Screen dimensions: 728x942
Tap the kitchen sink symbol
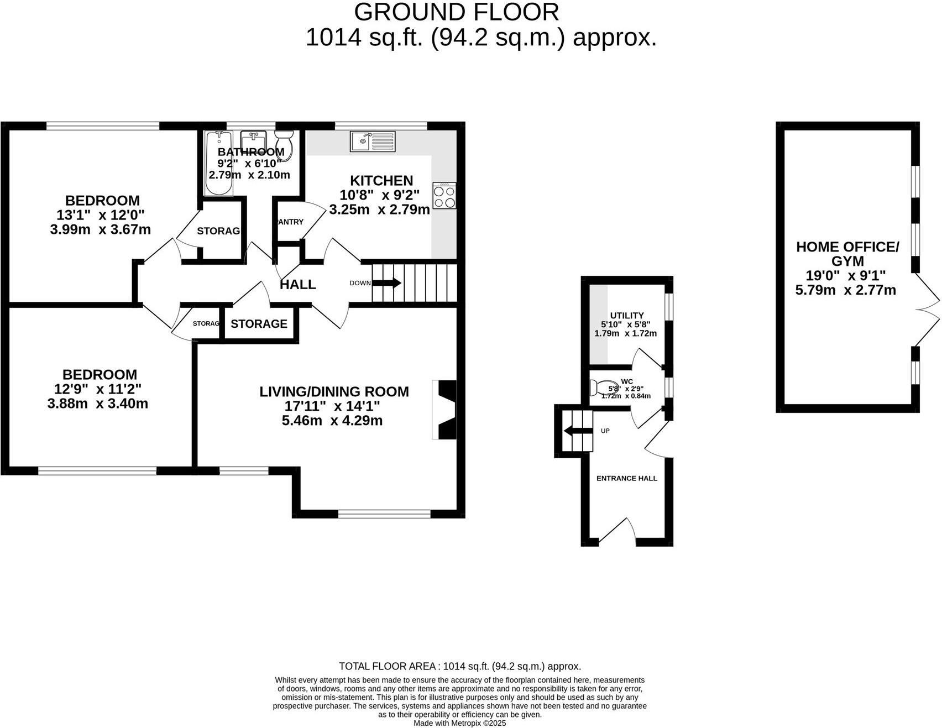pyautogui.click(x=373, y=141)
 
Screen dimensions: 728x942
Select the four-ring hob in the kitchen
pyautogui.click(x=444, y=195)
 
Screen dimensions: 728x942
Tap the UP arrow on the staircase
pyautogui.click(x=575, y=431)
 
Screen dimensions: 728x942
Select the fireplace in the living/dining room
pyautogui.click(x=446, y=410)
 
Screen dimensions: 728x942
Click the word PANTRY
pyautogui.click(x=290, y=222)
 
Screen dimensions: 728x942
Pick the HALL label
pyautogui.click(x=298, y=285)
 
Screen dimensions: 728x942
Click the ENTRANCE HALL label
pyautogui.click(x=626, y=478)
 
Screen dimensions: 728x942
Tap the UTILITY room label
pyautogui.click(x=626, y=316)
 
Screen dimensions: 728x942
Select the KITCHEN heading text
pyautogui.click(x=381, y=181)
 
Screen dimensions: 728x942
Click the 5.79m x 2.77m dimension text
pyautogui.click(x=845, y=290)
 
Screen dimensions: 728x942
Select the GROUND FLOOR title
pyautogui.click(x=456, y=12)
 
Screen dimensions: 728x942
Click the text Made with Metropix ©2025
pyautogui.click(x=459, y=723)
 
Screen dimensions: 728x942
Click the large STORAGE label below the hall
pyautogui.click(x=259, y=324)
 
